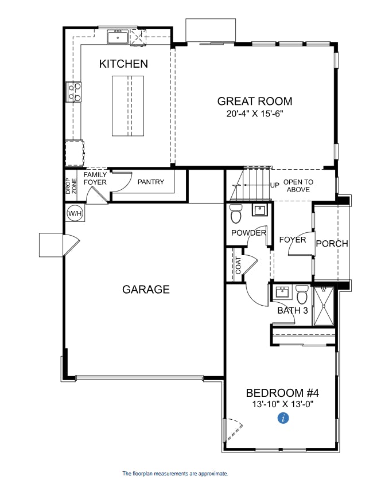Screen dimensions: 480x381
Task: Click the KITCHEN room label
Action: [x=123, y=64]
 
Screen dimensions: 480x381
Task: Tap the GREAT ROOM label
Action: [x=254, y=102]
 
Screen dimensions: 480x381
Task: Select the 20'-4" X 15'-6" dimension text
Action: [x=254, y=114]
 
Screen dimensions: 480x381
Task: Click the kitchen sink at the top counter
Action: [x=118, y=37]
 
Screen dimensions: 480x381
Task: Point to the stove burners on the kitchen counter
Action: [x=75, y=92]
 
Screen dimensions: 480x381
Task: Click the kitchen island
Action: [x=128, y=106]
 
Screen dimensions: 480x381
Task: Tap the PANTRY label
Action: [x=151, y=182]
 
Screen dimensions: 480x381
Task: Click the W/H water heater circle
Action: [x=75, y=214]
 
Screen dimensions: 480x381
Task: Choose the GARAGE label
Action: [x=146, y=290]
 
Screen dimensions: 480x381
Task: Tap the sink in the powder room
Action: [x=260, y=210]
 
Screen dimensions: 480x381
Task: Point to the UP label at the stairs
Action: [x=275, y=186]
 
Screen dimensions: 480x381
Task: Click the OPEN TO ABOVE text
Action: [x=298, y=186]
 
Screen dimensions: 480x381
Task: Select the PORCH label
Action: [x=332, y=244]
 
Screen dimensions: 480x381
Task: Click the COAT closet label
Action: [x=238, y=265]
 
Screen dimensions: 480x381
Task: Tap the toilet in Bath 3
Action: [x=302, y=295]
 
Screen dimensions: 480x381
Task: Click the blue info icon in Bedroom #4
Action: [x=282, y=419]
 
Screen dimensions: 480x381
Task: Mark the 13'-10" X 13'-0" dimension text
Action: [x=282, y=404]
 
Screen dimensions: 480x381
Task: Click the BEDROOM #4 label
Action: [x=282, y=393]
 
